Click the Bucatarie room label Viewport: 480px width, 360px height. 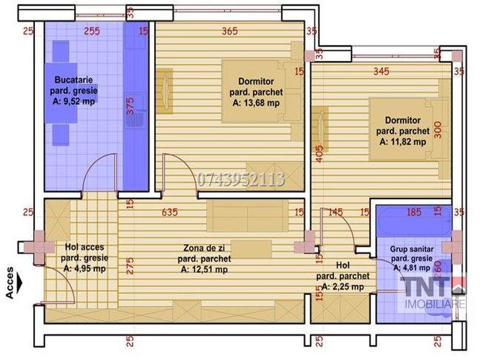pyautogui.click(x=74, y=80)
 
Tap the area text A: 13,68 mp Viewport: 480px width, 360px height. pyautogui.click(x=256, y=103)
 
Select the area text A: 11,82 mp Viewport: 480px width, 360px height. pyautogui.click(x=403, y=142)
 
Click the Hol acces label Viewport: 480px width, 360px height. pyautogui.click(x=84, y=247)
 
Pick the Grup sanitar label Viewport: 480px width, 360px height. pyautogui.click(x=412, y=249)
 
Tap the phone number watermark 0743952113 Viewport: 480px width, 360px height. pyautogui.click(x=240, y=180)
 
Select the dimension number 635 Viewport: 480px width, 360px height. pyautogui.click(x=170, y=212)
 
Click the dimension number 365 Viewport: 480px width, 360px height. pyautogui.click(x=230, y=31)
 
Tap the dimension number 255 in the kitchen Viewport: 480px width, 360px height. pyautogui.click(x=92, y=31)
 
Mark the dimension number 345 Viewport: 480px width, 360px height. pyautogui.click(x=381, y=71)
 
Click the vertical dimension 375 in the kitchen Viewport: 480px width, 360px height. pyautogui.click(x=130, y=106)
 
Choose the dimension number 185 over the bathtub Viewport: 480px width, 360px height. pyautogui.click(x=414, y=212)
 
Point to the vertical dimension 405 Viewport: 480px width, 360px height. pyautogui.click(x=319, y=154)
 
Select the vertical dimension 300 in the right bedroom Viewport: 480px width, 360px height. pyautogui.click(x=438, y=130)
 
